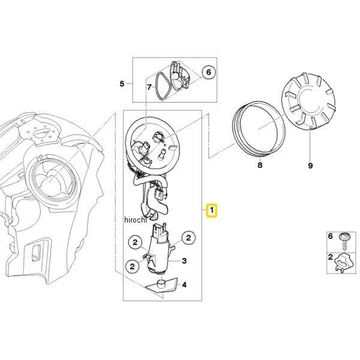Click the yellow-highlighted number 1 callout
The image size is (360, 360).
tap(212, 210)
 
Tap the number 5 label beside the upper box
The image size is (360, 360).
tap(122, 84)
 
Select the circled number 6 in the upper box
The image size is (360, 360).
tap(208, 72)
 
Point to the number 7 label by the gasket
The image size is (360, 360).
tap(149, 87)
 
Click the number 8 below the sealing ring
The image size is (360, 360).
tap(260, 165)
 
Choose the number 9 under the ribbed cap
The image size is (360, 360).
tap(310, 166)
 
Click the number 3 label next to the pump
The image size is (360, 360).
tap(184, 261)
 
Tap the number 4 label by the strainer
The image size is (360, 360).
tap(184, 285)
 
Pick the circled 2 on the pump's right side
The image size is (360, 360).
tap(188, 238)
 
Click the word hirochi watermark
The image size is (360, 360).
tap(135, 220)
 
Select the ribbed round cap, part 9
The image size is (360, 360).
tap(308, 102)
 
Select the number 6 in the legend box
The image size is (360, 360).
tap(331, 236)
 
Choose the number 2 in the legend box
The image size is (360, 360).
tap(331, 257)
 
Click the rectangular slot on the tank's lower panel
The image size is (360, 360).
tap(36, 253)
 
